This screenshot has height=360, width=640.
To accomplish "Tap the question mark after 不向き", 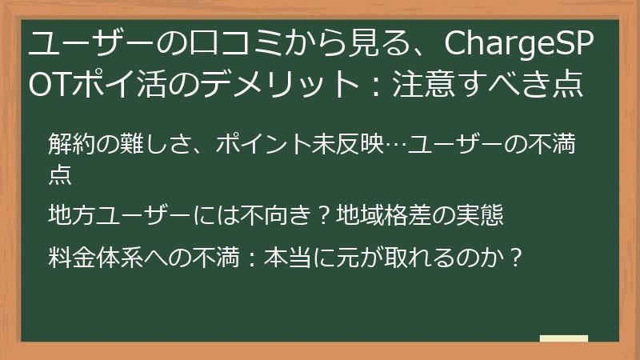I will point(324,216).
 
